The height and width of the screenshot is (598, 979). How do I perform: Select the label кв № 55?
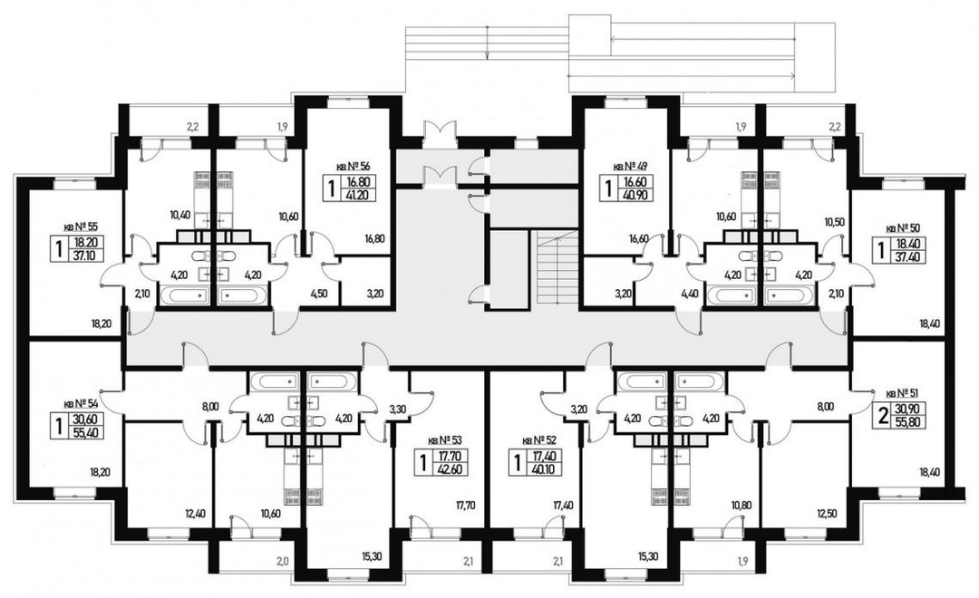[82, 227]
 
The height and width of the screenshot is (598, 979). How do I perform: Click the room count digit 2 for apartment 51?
[883, 416]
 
